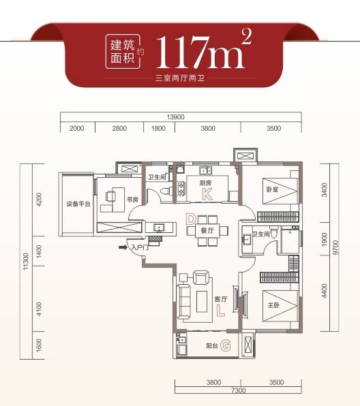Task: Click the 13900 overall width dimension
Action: (x=175, y=117)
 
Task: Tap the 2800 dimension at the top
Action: (x=119, y=128)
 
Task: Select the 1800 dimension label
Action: (x=158, y=128)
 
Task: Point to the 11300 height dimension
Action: (x=26, y=262)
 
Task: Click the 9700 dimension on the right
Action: (x=335, y=247)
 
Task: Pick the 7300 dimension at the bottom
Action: (x=238, y=390)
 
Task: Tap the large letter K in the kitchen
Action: (x=207, y=194)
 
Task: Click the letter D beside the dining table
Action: (x=191, y=219)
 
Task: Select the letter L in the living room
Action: (x=220, y=311)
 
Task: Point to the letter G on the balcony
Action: (x=226, y=345)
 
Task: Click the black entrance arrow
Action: (x=123, y=247)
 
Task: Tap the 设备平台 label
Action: (x=78, y=204)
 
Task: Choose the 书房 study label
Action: (x=132, y=200)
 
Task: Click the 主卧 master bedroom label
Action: (x=273, y=305)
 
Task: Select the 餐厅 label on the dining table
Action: (x=207, y=230)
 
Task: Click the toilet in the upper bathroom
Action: (x=166, y=191)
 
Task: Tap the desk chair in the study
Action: (x=110, y=196)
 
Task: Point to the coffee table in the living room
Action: (x=202, y=301)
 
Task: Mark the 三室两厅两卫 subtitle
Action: (x=179, y=78)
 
